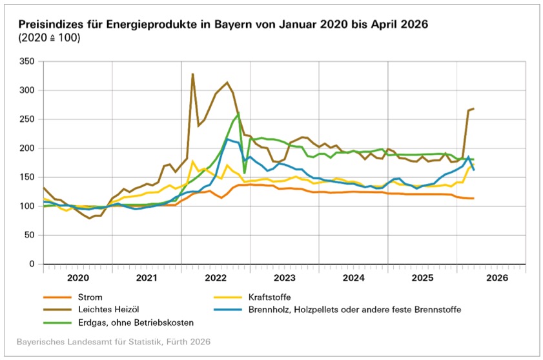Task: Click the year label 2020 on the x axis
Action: (x=77, y=279)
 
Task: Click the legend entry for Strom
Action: (x=90, y=297)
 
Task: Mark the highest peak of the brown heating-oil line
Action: (x=192, y=74)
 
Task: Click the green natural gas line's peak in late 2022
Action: (x=238, y=114)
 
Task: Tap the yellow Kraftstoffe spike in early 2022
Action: (x=192, y=161)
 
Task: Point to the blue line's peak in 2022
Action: (x=227, y=139)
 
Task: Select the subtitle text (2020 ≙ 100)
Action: (x=45, y=38)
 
